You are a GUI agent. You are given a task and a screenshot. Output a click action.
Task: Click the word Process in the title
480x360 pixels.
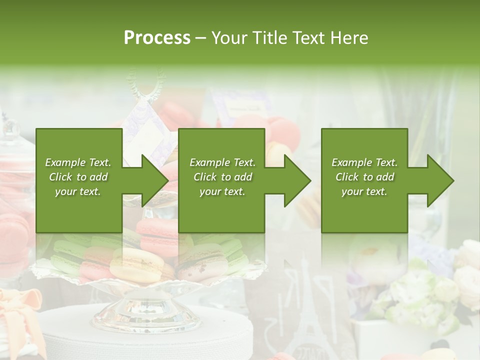click(x=157, y=38)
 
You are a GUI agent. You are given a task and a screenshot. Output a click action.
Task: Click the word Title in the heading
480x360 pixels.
click(x=269, y=38)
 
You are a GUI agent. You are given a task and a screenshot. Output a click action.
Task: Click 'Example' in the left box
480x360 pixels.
click(x=64, y=162)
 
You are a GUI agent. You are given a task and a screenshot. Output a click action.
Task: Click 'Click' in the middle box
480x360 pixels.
click(x=205, y=177)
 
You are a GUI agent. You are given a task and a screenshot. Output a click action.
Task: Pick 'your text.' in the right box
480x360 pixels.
click(x=364, y=191)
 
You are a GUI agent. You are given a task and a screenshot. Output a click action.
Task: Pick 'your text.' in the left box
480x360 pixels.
click(x=78, y=191)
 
